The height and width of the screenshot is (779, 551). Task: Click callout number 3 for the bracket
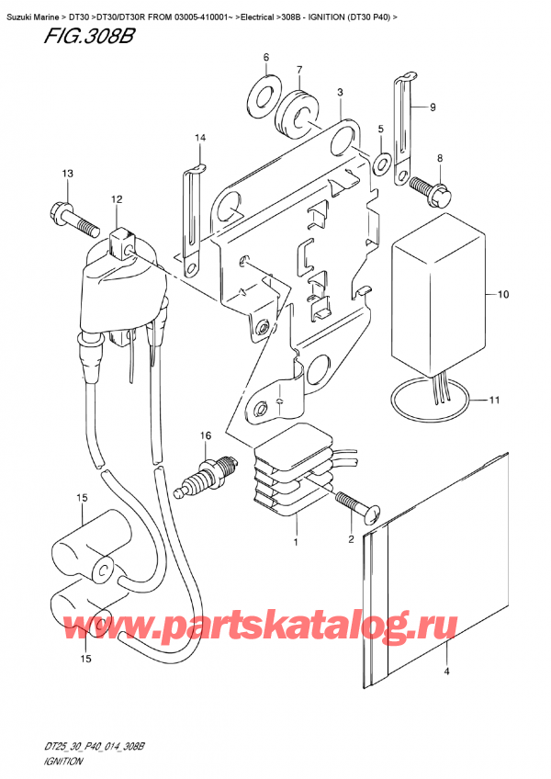[x=340, y=92]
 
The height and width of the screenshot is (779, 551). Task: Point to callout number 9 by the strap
[x=432, y=107]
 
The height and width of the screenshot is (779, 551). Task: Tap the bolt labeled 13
[x=72, y=217]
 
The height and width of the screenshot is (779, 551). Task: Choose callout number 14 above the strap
[x=196, y=139]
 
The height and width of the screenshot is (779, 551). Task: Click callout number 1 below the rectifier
[x=295, y=544]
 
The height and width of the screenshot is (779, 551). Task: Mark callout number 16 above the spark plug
[x=207, y=435]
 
